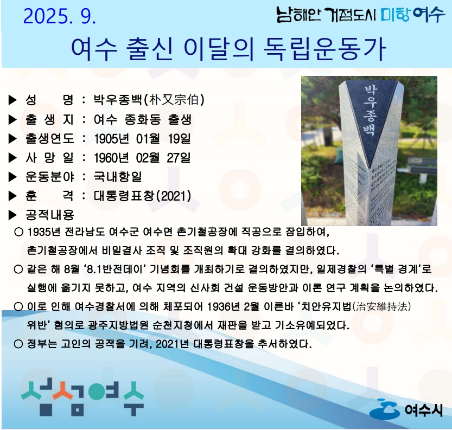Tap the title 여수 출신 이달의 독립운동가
pyautogui.click(x=228, y=49)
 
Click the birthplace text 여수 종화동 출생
pyautogui.click(x=143, y=119)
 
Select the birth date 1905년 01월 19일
pyautogui.click(x=142, y=138)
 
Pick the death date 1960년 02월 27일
pyautogui.click(x=142, y=158)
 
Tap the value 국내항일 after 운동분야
pyautogui.click(x=118, y=177)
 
